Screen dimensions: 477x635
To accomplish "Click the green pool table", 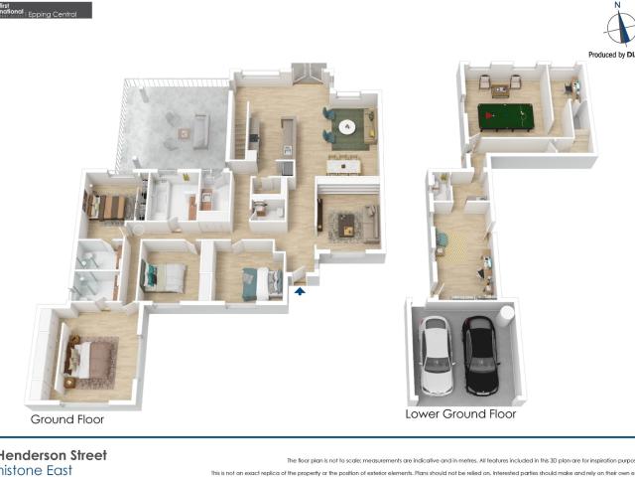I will tap(503, 117).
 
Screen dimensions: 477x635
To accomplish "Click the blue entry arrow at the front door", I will tap(300, 291).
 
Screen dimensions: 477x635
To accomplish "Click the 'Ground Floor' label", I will tap(66, 419).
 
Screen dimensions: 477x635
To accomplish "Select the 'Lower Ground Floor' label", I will tap(460, 413).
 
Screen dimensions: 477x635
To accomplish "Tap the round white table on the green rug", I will tap(347, 127).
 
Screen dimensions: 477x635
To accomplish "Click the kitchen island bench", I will tap(288, 139).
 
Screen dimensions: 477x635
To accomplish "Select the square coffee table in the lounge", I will tap(347, 225).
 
